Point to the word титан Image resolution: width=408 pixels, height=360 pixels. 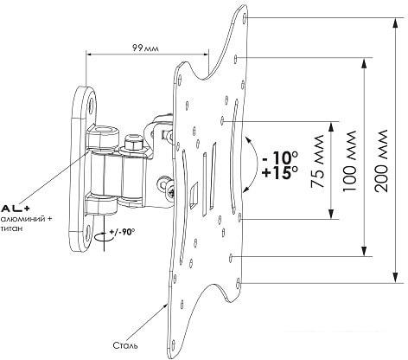click(x=12, y=230)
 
